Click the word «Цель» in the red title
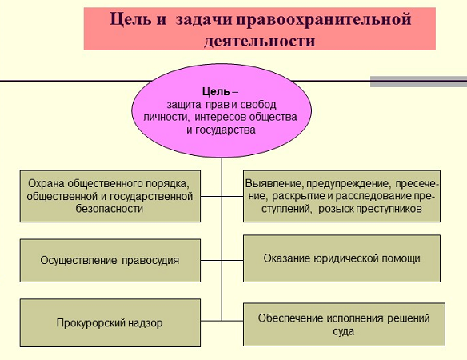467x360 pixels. point(130,20)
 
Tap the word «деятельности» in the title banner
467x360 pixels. point(260,41)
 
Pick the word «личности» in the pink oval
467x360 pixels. point(166,117)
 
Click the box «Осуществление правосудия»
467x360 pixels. point(110,260)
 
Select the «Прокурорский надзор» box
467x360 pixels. point(110,322)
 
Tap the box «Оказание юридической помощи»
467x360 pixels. point(341,258)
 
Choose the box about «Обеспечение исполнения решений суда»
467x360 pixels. point(344,325)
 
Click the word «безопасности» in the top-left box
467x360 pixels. point(110,209)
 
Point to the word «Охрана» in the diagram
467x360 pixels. point(46,183)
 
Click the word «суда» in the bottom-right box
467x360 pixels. point(344,331)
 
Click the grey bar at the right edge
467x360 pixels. point(418,82)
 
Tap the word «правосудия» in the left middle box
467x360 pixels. point(150,261)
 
